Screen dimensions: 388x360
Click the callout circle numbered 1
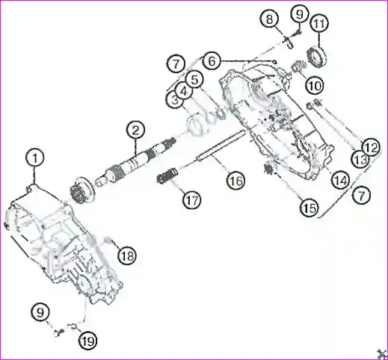point(35,158)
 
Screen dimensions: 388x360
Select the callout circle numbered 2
point(135,130)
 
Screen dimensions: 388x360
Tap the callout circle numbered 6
point(212,60)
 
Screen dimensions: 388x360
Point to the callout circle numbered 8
point(269,19)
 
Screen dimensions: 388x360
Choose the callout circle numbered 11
point(319,23)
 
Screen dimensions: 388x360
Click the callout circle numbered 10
point(315,86)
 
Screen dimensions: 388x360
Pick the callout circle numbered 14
point(341,180)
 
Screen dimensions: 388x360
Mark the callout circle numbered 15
point(310,207)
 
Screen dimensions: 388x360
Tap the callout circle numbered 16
point(236,180)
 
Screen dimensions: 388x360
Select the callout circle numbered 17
point(192,200)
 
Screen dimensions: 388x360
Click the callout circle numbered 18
point(127,255)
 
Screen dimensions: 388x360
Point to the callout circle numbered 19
point(88,341)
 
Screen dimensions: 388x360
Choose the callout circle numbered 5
point(194,80)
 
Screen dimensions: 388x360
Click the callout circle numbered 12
point(372,148)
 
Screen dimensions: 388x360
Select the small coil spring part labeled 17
point(167,176)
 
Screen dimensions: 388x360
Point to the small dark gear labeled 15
point(269,168)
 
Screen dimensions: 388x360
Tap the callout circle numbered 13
point(360,159)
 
